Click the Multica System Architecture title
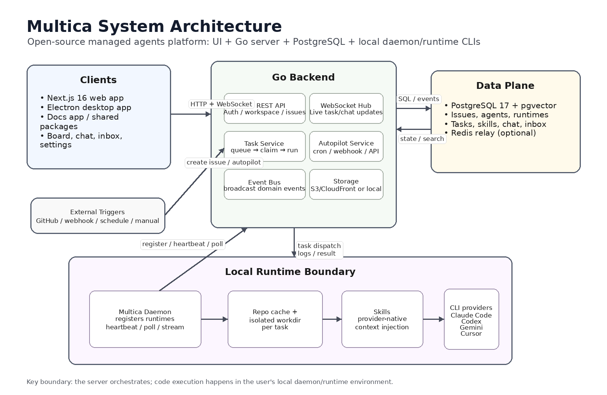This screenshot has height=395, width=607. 154,26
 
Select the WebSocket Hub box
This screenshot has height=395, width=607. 346,109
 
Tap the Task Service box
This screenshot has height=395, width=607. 265,147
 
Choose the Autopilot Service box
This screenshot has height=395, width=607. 346,147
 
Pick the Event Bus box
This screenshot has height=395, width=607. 265,185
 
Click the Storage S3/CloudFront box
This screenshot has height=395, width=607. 346,185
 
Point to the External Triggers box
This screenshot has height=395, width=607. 98,216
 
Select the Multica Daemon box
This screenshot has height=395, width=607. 145,319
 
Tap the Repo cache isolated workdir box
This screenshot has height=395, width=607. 275,319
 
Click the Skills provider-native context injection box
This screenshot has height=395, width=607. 382,319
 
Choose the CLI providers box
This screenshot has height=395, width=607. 472,319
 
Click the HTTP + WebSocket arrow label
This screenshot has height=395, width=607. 221,104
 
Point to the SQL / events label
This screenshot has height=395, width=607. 419,99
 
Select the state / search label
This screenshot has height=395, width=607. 422,139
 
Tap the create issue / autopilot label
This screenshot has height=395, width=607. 224,163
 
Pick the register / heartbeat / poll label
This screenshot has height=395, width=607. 182,244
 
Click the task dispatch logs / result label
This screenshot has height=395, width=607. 319,250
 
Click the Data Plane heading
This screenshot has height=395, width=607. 505,86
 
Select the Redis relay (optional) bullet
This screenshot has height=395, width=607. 490,133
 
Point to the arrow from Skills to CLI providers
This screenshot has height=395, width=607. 434,319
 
